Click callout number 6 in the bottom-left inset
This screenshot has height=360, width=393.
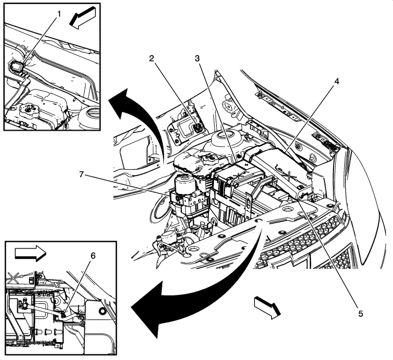pos(93,256)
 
